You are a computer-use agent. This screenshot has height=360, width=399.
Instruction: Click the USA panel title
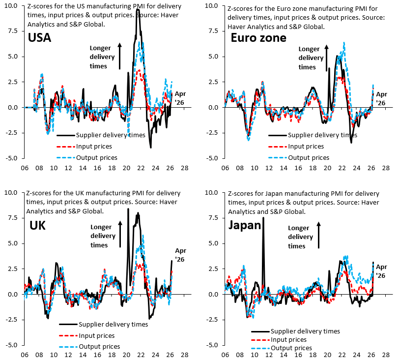tap(39, 37)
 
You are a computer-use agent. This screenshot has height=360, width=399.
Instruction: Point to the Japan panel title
tap(245, 226)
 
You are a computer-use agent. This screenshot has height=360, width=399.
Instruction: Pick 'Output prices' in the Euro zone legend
tap(309, 158)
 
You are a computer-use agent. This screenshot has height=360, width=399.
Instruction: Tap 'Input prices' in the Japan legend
tap(288, 340)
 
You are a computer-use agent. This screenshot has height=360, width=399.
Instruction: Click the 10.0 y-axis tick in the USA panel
tap(11, 5)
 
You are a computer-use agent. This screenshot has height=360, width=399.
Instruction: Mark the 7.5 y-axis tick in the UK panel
tap(13, 218)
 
